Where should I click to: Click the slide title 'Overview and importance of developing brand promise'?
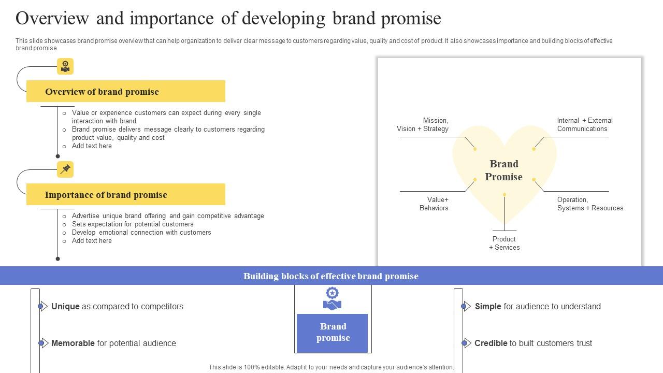tap(228, 18)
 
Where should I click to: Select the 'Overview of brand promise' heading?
tap(102, 92)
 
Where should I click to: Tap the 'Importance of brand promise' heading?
tap(106, 195)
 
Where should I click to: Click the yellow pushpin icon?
tap(65, 169)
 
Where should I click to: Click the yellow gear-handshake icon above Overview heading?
tap(65, 66)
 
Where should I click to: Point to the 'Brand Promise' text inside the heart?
tap(503, 170)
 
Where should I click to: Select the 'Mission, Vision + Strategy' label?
tap(423, 124)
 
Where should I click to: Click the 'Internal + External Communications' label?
tap(584, 124)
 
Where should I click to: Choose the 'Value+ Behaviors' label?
tap(434, 204)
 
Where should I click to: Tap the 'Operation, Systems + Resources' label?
tap(590, 204)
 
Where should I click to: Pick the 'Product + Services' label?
tap(504, 243)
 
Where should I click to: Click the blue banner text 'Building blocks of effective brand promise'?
tap(331, 276)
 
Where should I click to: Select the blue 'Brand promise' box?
tap(333, 332)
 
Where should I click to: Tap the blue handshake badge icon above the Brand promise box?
tap(333, 299)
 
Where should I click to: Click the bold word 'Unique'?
tap(65, 306)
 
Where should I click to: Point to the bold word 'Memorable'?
tap(73, 343)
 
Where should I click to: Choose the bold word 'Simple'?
tap(488, 306)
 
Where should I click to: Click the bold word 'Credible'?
tap(491, 343)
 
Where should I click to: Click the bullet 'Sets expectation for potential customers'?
tap(133, 224)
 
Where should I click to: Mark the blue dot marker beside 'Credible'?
tap(464, 343)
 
